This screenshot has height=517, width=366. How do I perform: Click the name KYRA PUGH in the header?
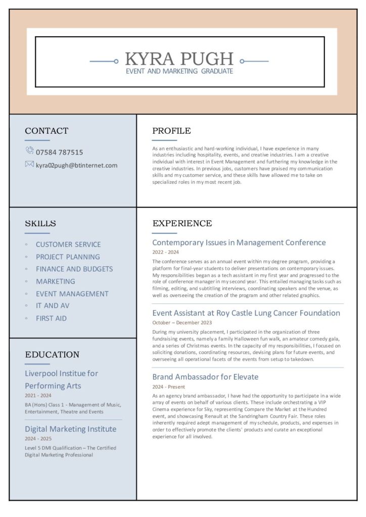[179, 59]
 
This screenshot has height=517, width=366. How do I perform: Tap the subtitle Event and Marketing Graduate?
[179, 71]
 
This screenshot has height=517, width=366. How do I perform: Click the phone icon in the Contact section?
[29, 151]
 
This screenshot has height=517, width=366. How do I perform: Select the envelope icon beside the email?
[29, 164]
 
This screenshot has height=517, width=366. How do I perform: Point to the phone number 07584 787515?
[59, 152]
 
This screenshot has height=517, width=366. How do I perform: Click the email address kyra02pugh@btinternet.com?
[76, 165]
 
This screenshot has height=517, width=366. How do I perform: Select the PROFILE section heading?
[171, 131]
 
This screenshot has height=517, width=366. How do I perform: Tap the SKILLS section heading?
[40, 224]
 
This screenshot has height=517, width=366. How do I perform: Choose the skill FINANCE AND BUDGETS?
[74, 269]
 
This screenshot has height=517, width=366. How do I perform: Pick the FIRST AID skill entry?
[51, 318]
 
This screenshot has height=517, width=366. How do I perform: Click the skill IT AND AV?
[53, 305]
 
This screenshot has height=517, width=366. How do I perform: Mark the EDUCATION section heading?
[52, 354]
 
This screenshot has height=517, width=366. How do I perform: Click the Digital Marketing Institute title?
[70, 429]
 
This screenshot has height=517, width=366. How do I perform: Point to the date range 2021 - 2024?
[38, 395]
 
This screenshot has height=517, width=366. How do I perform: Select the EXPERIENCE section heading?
[182, 224]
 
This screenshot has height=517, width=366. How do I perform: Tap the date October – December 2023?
[182, 323]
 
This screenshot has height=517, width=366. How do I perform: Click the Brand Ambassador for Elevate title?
[205, 377]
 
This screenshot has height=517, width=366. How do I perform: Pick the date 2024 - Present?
[169, 387]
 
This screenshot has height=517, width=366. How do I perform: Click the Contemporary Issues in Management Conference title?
[239, 242]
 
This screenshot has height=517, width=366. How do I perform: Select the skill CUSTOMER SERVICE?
[68, 244]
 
